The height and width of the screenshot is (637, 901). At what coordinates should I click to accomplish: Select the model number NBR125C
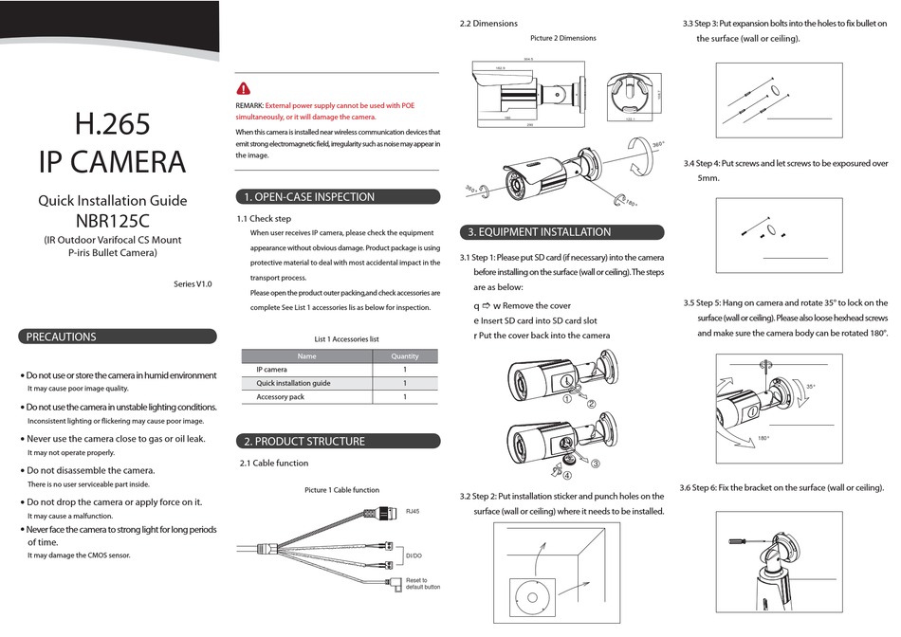(112, 219)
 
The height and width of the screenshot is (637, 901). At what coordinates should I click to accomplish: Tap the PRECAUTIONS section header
(61, 337)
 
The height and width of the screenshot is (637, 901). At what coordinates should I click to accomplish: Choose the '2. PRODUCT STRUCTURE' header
(304, 441)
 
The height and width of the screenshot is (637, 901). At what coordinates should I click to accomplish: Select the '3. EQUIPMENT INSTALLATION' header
(540, 232)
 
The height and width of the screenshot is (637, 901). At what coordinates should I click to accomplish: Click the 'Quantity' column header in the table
(404, 356)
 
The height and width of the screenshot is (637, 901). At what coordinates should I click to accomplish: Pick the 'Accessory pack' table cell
(281, 397)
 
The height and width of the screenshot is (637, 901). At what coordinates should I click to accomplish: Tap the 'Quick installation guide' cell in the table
(293, 384)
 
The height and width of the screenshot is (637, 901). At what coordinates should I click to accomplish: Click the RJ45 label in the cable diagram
(413, 511)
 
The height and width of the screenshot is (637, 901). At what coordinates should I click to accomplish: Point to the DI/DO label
(414, 555)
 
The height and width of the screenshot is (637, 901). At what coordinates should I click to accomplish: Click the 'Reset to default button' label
(423, 583)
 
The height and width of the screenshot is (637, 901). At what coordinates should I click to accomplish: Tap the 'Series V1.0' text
(193, 283)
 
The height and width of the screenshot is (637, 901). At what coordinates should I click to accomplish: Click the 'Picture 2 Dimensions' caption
(563, 38)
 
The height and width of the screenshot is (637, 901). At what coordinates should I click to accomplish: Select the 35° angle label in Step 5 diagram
(811, 387)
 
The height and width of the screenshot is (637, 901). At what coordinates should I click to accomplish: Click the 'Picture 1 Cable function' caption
(341, 490)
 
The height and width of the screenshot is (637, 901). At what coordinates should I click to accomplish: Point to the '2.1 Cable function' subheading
(273, 464)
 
